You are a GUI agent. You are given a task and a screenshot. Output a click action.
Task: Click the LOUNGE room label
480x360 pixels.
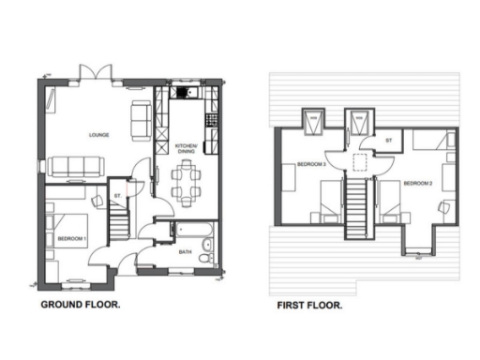pyautogui.click(x=98, y=135)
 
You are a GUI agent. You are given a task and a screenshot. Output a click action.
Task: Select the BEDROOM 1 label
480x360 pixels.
pyautogui.click(x=71, y=238)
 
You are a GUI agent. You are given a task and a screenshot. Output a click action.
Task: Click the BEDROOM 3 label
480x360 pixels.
pyautogui.click(x=310, y=165)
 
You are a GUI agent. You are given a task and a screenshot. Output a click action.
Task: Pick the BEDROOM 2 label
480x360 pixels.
pyautogui.click(x=417, y=183)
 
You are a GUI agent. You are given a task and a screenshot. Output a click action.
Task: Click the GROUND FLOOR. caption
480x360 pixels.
pyautogui.click(x=80, y=306)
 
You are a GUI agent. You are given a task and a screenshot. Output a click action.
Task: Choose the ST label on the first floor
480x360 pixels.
pyautogui.click(x=389, y=141)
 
